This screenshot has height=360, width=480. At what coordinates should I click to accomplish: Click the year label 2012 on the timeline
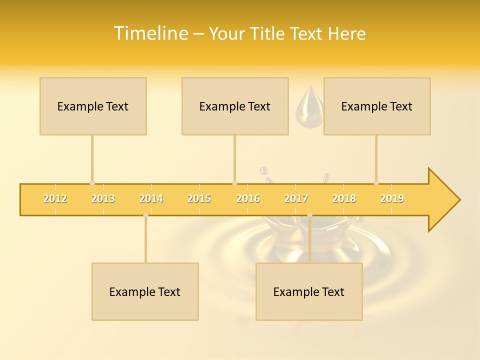[55, 198]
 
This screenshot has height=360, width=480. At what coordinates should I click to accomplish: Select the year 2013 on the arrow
[103, 198]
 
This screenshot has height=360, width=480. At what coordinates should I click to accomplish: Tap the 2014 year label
[151, 198]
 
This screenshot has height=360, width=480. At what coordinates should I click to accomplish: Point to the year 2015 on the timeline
[199, 198]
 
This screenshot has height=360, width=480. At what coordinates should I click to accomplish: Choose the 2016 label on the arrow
[248, 198]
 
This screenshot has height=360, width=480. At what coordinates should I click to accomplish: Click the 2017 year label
[296, 198]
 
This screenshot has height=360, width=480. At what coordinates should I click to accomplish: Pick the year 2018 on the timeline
[344, 198]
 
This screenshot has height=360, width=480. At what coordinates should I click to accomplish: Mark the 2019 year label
[392, 198]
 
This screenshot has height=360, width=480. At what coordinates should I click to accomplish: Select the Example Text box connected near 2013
[93, 106]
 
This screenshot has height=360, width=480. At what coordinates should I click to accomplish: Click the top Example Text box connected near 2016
[235, 106]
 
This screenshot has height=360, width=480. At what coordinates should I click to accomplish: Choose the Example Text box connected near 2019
[377, 106]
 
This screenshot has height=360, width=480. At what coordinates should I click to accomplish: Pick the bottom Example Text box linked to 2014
[145, 291]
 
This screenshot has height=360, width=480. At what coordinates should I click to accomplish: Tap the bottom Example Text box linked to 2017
[309, 291]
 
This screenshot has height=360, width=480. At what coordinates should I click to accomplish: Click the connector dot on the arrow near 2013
[92, 183]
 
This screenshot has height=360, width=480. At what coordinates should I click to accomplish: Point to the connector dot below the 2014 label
[145, 215]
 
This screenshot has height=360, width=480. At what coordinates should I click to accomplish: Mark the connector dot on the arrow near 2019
[376, 183]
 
